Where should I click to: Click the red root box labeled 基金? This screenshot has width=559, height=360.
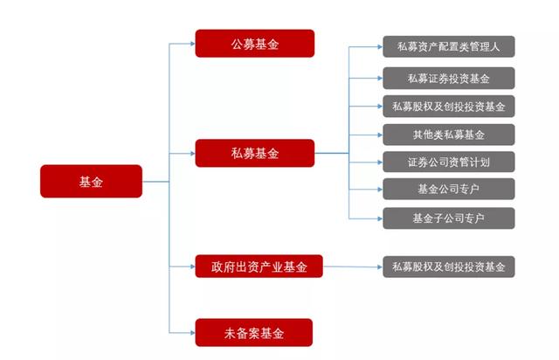[91, 181]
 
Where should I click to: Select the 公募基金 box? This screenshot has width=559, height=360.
[254, 44]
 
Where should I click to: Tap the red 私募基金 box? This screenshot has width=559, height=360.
[254, 153]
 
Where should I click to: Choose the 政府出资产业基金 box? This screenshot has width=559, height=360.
[259, 266]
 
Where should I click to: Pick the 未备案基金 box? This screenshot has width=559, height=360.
[254, 332]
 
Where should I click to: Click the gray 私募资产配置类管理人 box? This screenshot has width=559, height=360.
[448, 46]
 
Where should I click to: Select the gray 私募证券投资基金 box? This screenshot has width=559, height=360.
[448, 79]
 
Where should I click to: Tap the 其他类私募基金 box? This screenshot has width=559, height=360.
[448, 134]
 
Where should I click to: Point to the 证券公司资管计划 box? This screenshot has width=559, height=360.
[448, 162]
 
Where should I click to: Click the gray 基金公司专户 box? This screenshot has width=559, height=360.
[448, 189]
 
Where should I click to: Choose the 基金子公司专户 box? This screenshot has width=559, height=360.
[448, 217]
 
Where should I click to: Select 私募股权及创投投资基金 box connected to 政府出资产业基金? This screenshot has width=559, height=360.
[448, 266]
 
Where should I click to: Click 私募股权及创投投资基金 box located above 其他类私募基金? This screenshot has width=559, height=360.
[448, 107]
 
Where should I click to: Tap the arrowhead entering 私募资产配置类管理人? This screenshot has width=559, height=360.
[377, 46]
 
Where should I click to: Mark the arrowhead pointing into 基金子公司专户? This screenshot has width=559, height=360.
[377, 217]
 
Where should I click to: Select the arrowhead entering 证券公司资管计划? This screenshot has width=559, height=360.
[377, 162]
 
